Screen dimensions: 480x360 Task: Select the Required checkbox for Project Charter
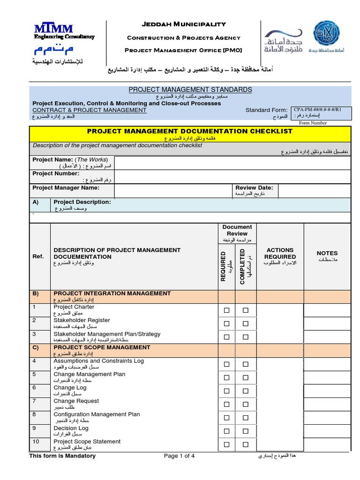[x=226, y=310]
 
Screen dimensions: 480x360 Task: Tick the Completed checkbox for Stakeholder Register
[x=245, y=323]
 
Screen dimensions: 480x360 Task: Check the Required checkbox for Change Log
[x=226, y=391]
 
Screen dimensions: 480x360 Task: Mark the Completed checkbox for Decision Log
[x=245, y=431]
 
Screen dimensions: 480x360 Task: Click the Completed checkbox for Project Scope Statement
[x=245, y=444]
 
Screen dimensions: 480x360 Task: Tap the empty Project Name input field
[x=232, y=163]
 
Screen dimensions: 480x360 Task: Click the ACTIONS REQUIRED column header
[x=280, y=253]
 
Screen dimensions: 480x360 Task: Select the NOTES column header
[x=327, y=253]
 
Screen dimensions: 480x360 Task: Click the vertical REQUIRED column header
[x=223, y=266]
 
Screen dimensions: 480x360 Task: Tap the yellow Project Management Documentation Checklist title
[x=190, y=131]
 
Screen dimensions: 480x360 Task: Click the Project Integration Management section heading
[x=112, y=293]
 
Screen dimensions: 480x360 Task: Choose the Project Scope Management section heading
[x=102, y=347]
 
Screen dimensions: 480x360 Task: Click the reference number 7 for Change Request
[x=34, y=401]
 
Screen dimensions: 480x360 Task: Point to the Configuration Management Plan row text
[x=97, y=414]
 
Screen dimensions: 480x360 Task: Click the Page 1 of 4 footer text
[x=179, y=456]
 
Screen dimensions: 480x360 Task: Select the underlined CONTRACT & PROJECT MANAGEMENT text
[x=90, y=110]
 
